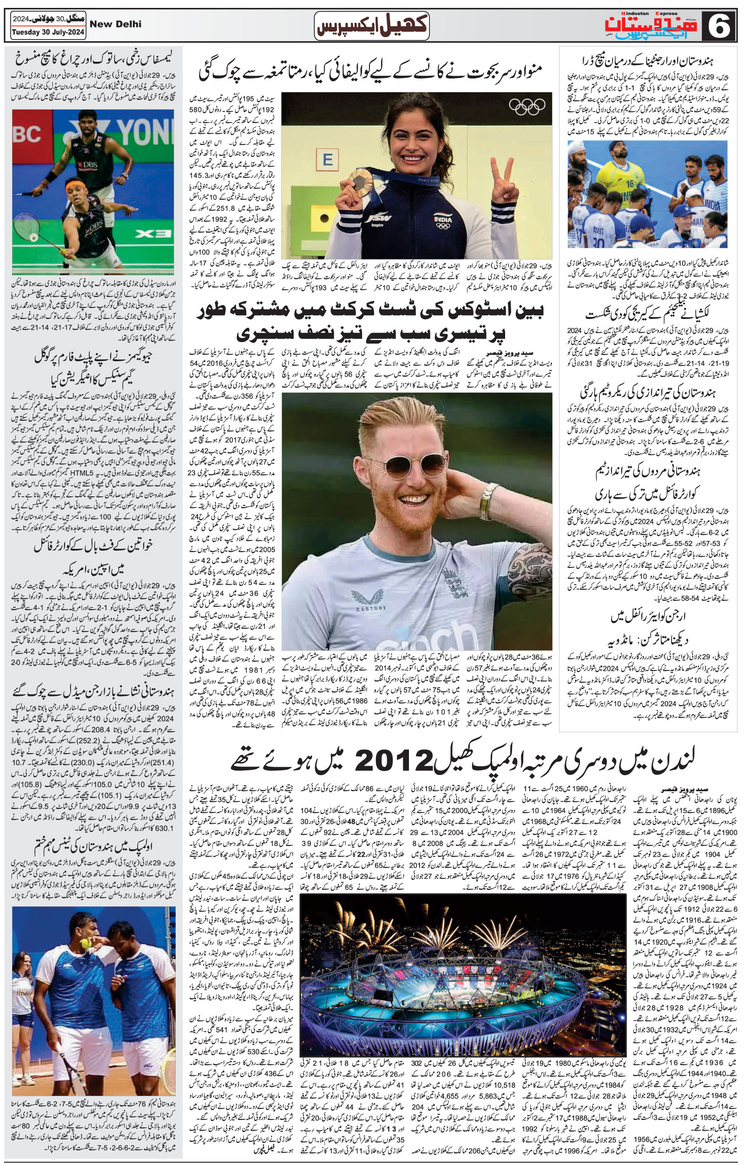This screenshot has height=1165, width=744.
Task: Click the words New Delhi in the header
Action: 116,24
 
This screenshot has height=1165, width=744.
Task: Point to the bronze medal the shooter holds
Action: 359,180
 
